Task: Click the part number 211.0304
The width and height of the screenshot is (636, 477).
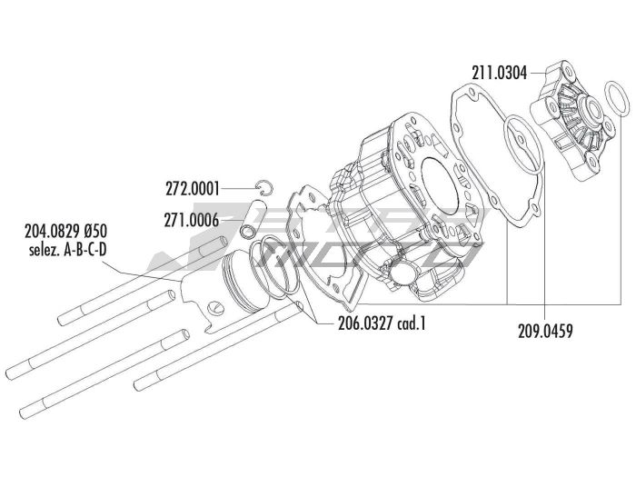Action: (x=500, y=74)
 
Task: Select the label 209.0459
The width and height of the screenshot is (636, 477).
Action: (x=545, y=332)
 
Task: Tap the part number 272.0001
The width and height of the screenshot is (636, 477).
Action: (x=193, y=189)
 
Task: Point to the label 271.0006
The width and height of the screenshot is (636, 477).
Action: (x=192, y=220)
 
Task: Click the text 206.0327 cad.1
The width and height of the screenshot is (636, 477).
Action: (x=383, y=323)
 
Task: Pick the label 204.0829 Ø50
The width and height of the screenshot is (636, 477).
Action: (x=66, y=232)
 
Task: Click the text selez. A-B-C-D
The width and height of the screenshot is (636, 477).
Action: (x=68, y=250)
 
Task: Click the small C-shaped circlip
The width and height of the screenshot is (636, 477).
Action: (x=265, y=186)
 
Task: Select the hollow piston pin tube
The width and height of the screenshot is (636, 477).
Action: (x=253, y=218)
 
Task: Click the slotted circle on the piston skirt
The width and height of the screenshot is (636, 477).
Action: (x=217, y=307)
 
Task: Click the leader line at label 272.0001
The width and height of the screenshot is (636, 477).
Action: (x=240, y=189)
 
